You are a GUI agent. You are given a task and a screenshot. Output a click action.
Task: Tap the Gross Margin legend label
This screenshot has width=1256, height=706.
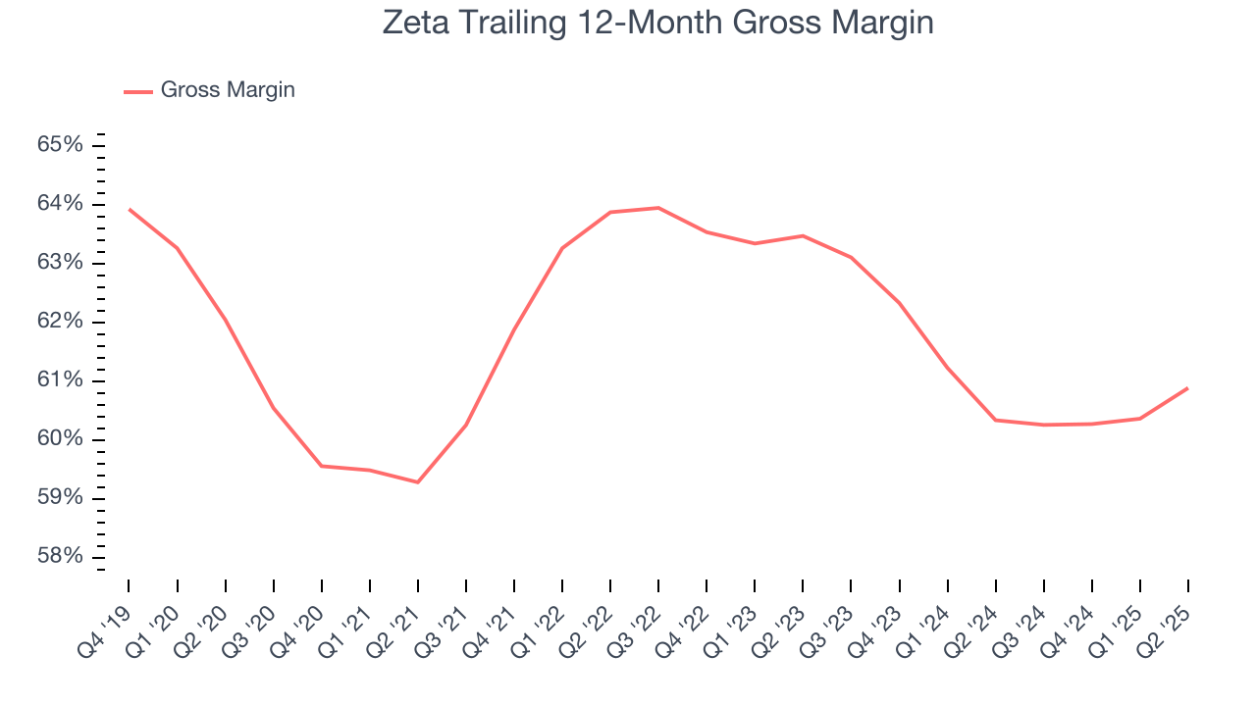pyautogui.click(x=227, y=90)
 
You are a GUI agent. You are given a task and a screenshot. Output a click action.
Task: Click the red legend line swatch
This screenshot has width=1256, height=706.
pyautogui.click(x=137, y=91)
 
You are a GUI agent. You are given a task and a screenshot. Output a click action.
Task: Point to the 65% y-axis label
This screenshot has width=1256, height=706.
pyautogui.click(x=60, y=145)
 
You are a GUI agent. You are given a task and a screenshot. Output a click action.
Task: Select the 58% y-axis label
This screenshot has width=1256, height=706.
pyautogui.click(x=60, y=557)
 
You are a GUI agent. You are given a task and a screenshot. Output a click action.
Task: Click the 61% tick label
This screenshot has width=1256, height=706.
pyautogui.click(x=60, y=380)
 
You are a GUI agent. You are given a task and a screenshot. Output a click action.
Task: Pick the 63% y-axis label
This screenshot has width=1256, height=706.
pyautogui.click(x=60, y=263)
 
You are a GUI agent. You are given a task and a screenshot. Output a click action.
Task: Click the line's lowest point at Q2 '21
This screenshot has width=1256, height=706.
pyautogui.click(x=418, y=482)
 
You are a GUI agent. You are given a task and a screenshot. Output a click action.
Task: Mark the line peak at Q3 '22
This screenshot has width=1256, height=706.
pyautogui.click(x=658, y=208)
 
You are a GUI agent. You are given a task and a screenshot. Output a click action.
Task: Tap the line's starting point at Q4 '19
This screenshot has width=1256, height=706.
pyautogui.click(x=129, y=209)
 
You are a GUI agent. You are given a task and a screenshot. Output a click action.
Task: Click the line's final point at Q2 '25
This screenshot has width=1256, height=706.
pyautogui.click(x=1188, y=388)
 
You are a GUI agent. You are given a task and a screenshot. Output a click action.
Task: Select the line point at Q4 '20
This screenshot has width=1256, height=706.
pyautogui.click(x=322, y=466)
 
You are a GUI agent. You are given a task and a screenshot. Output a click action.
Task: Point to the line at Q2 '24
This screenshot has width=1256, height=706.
pyautogui.click(x=996, y=420)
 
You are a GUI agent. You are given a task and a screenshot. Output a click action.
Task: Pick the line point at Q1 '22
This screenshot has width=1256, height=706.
pyautogui.click(x=562, y=248)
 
